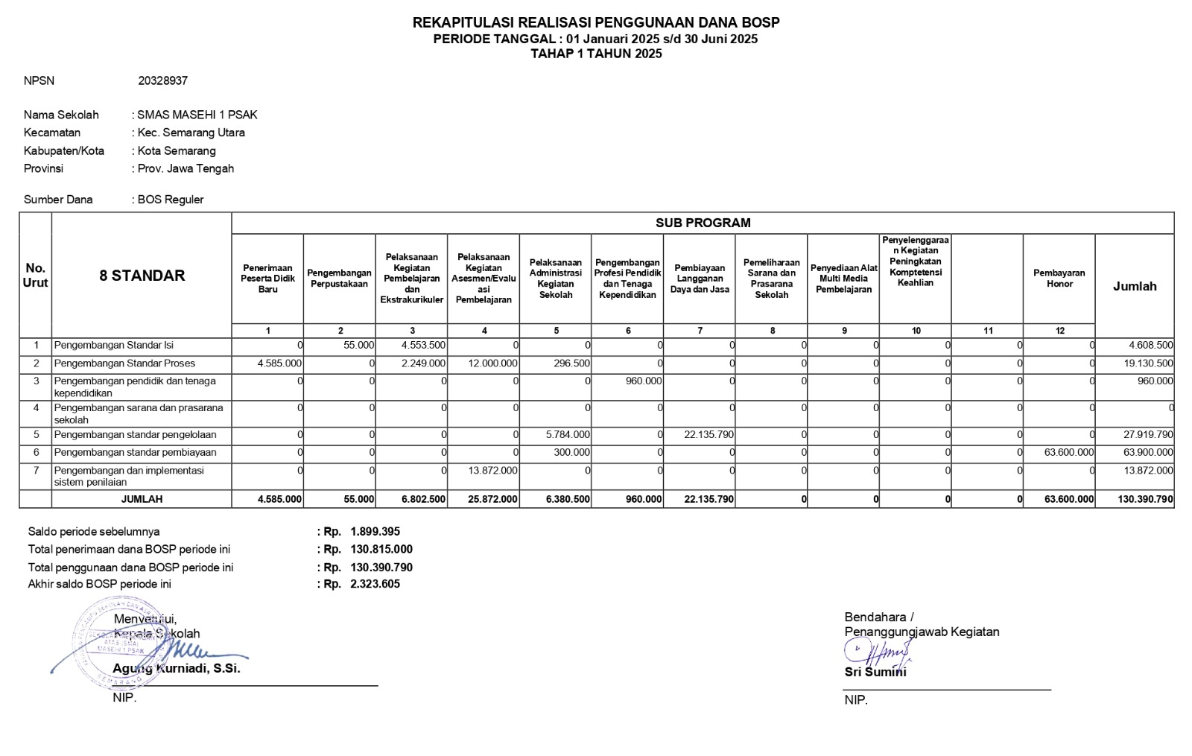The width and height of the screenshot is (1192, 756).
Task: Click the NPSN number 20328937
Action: pos(162,80)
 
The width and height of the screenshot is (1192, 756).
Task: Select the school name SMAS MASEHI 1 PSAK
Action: pos(197,115)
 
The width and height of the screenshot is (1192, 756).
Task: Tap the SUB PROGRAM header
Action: pos(703,223)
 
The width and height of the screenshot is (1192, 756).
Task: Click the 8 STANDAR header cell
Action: pos(142,276)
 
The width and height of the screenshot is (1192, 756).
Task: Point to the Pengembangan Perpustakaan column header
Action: pos(339,279)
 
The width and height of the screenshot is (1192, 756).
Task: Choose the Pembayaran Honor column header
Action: pos(1059,279)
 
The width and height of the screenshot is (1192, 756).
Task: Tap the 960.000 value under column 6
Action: pos(643,381)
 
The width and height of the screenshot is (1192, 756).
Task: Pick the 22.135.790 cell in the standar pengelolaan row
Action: pos(708,435)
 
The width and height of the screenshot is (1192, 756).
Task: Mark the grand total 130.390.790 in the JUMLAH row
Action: pos(1145,500)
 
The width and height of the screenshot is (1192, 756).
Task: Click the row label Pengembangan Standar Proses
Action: pos(124,363)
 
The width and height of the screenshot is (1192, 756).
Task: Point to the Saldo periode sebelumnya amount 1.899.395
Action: pos(375,532)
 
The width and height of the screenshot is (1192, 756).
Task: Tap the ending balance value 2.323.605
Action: pos(375,585)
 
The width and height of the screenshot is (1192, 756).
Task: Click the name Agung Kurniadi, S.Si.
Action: pos(177,669)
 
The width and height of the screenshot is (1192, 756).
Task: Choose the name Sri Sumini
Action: pos(875,672)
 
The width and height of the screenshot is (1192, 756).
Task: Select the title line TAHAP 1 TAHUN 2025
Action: pos(596,54)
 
